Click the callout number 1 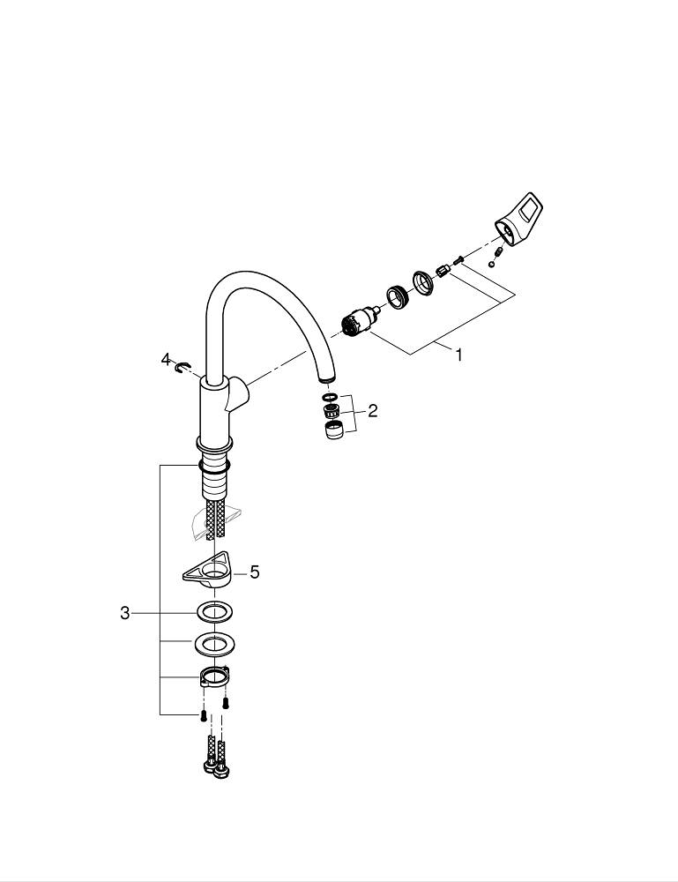click(458, 355)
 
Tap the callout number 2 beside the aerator click(373, 410)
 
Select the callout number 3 click(125, 613)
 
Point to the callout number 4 click(165, 359)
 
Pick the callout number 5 click(255, 572)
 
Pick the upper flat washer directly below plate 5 click(212, 612)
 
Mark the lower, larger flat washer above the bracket click(212, 644)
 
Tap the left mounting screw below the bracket click(203, 715)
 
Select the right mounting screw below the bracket click(226, 704)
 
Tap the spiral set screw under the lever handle click(498, 250)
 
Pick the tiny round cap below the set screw click(490, 263)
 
